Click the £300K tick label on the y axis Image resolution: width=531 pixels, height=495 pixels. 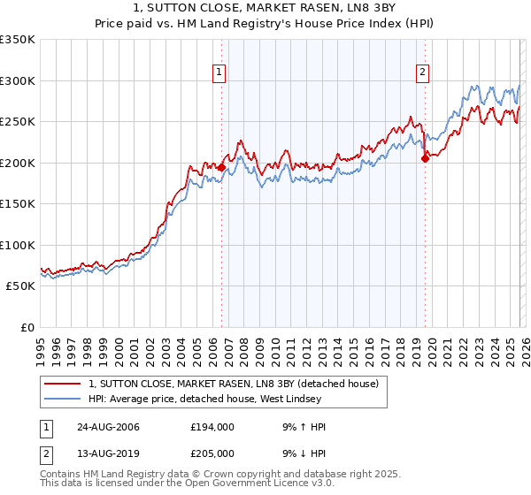point(18,80)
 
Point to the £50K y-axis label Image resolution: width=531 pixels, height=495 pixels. point(20,286)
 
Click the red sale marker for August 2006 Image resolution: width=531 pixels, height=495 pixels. point(222,167)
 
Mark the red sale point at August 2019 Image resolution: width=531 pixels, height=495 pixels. point(425,158)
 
